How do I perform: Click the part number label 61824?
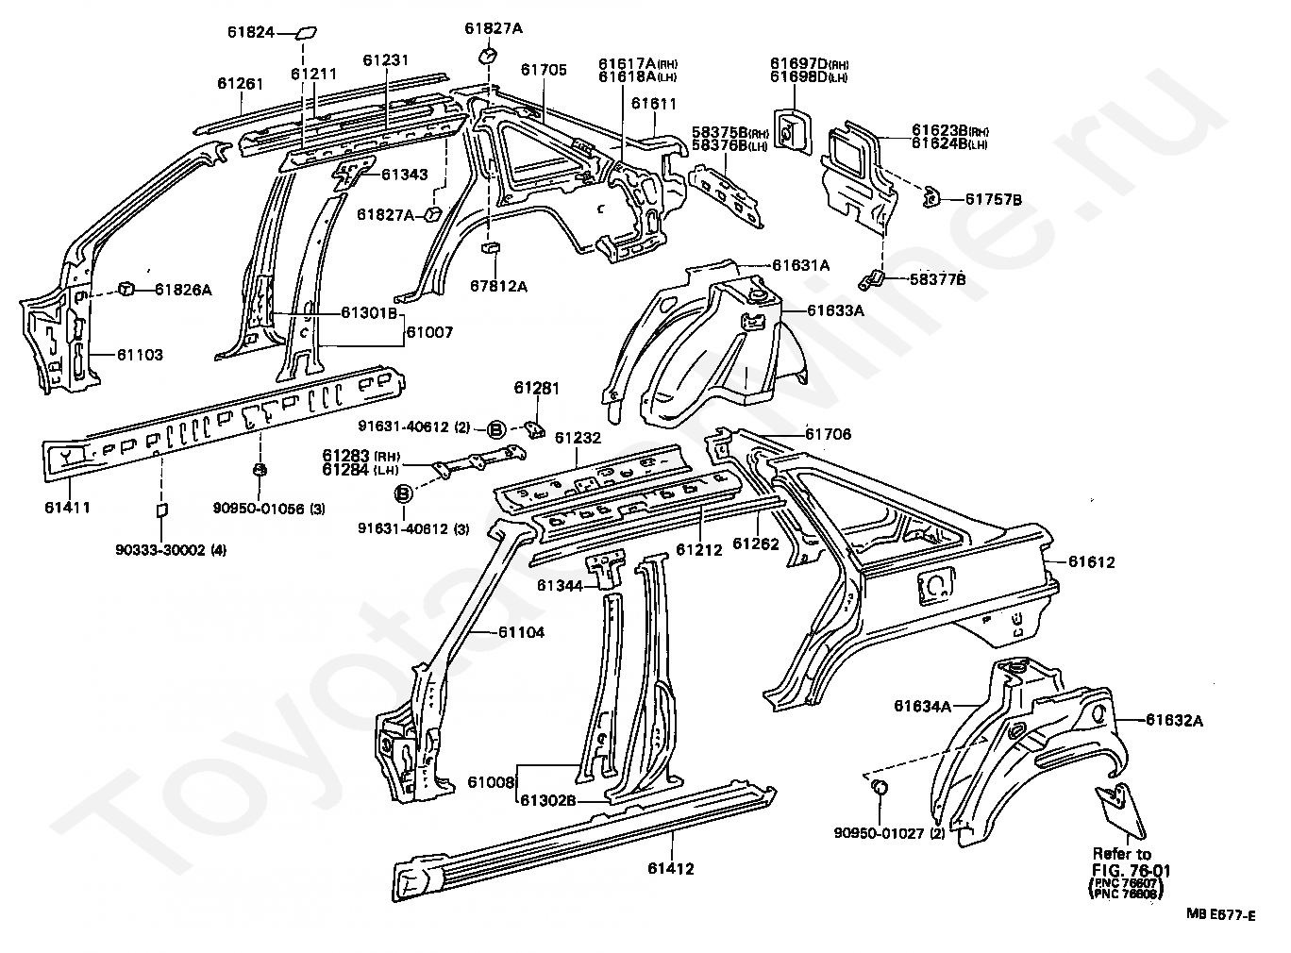pyautogui.click(x=250, y=32)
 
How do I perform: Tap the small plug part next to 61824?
pyautogui.click(x=307, y=32)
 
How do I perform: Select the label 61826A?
pyautogui.click(x=183, y=290)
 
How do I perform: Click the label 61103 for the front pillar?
pyautogui.click(x=141, y=355)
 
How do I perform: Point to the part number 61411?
pyautogui.click(x=68, y=507)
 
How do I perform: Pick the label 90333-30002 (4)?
pyautogui.click(x=171, y=549)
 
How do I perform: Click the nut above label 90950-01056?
pyautogui.click(x=260, y=469)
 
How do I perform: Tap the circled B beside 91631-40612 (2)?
pyautogui.click(x=495, y=429)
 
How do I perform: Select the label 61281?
pyautogui.click(x=536, y=388)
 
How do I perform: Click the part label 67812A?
pyautogui.click(x=498, y=286)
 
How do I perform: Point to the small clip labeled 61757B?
pyautogui.click(x=931, y=197)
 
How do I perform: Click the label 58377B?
pyautogui.click(x=938, y=279)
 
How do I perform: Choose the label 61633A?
pyautogui.click(x=835, y=310)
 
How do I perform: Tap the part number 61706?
pyautogui.click(x=829, y=434)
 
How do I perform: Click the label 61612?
pyautogui.click(x=1091, y=561)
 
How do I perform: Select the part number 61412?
pyautogui.click(x=671, y=869)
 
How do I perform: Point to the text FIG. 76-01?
pyautogui.click(x=1131, y=871)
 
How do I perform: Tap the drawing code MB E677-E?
pyautogui.click(x=1221, y=915)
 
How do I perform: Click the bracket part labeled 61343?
pyautogui.click(x=352, y=174)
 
